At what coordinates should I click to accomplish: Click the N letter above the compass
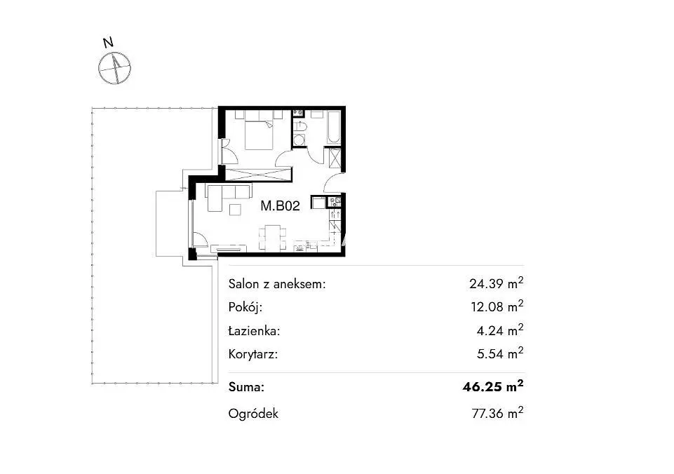coord(108,43)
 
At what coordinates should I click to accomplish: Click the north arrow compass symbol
coord(115,68)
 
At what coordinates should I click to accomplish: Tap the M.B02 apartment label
coord(280,206)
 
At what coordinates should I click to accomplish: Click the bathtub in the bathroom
coord(334,126)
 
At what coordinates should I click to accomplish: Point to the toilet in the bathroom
coord(299,126)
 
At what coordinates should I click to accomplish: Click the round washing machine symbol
coord(299,140)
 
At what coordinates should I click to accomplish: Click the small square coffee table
coord(236,210)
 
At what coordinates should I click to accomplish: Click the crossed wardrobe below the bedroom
coord(259,175)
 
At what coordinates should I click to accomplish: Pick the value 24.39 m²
coord(496,283)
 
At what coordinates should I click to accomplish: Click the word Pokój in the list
coord(245,307)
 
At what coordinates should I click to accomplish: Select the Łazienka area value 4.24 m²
coord(500,330)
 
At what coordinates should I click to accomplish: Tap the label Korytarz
coord(253,355)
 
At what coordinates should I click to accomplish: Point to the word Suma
coord(246,387)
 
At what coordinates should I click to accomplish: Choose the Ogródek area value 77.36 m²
coord(497,413)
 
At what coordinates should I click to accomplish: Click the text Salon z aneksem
coord(277,284)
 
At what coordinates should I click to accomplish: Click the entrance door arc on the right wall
coord(331,180)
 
